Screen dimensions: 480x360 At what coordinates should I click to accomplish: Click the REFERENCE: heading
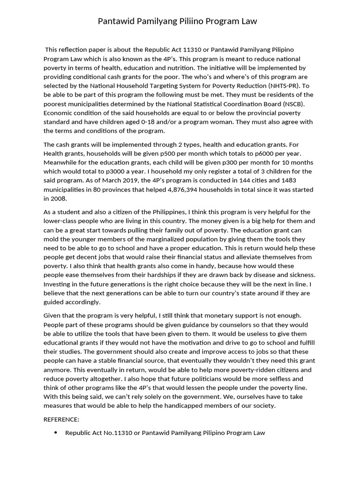61,419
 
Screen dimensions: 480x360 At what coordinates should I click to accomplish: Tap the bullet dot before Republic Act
56,433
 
